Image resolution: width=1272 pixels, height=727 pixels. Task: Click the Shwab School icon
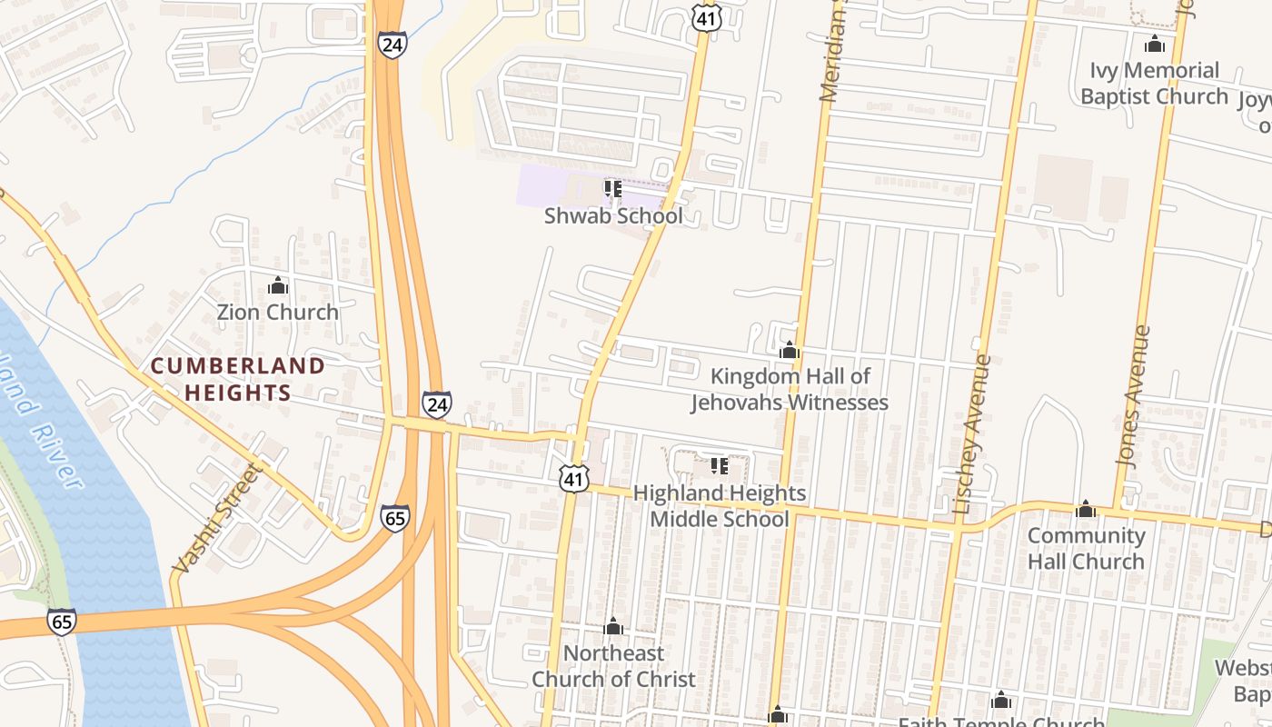613,189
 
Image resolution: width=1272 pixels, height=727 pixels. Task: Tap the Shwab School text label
613,216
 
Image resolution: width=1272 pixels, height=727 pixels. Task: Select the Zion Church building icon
278,286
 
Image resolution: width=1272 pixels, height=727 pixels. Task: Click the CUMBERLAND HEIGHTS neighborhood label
237,379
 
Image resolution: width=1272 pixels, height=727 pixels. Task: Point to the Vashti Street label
217,519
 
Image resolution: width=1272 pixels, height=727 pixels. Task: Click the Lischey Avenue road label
971,434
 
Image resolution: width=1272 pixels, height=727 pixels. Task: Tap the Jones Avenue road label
1136,396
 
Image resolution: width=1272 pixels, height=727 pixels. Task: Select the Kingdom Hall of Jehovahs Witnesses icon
789,350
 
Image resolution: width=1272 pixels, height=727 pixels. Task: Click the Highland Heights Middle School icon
720,467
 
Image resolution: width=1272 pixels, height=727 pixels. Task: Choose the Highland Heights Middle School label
719,506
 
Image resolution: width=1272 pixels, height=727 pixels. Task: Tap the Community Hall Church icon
1086,509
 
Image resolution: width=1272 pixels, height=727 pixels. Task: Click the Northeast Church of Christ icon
613,627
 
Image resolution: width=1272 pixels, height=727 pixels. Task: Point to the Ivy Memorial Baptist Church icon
1155,44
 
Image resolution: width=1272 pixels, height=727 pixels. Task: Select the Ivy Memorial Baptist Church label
1154,84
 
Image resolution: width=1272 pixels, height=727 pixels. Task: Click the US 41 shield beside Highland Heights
574,478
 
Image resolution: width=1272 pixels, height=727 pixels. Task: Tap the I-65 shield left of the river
62,622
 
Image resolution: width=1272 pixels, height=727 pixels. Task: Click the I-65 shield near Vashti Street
394,518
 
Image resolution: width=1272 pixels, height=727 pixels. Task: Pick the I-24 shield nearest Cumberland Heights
436,403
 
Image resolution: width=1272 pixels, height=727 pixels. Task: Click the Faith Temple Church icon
1001,701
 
